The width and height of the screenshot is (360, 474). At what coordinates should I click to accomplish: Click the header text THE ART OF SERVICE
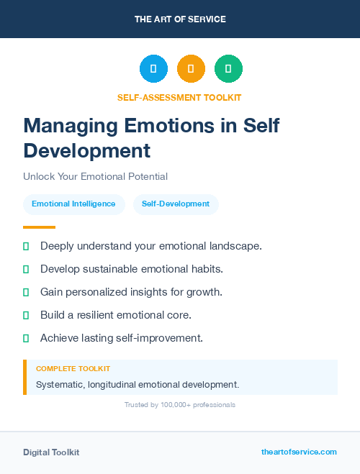pos(180,19)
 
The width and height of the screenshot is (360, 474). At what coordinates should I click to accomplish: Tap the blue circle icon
pos(153,69)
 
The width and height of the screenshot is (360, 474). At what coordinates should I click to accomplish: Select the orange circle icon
pos(191,69)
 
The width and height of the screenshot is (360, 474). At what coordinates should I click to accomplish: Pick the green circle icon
pos(228,69)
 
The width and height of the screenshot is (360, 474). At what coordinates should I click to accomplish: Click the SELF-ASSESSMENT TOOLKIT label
pos(179,97)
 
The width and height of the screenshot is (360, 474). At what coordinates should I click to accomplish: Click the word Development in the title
pos(86,151)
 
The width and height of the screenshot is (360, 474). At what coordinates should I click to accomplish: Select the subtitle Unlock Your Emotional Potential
pos(95,176)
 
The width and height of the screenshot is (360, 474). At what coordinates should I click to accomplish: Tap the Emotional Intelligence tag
pos(73,204)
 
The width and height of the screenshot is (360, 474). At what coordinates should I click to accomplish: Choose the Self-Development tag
pos(176,204)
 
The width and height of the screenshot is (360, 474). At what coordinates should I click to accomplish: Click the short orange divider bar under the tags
pos(34,227)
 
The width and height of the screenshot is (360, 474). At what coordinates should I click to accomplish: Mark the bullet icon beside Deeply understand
pos(26,246)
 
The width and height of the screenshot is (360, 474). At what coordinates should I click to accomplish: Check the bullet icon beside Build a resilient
pos(26,315)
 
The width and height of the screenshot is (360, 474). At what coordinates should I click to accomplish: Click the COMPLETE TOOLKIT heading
pos(73,369)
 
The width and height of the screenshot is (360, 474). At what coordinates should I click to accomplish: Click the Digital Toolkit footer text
pos(51,452)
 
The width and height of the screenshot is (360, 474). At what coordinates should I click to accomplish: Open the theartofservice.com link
pos(299,452)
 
